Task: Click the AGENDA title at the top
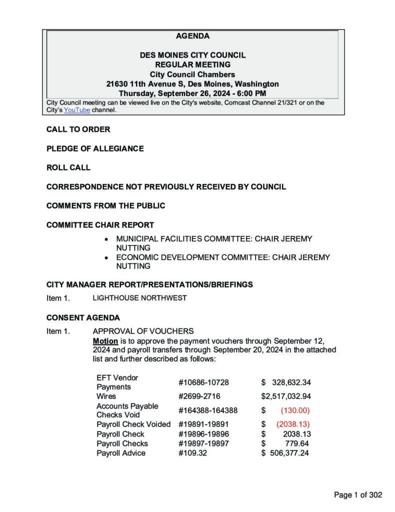pyautogui.click(x=192, y=36)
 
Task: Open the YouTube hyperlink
pyautogui.click(x=76, y=110)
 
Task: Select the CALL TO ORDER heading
pyautogui.click(x=78, y=129)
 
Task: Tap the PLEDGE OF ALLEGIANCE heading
pyautogui.click(x=95, y=148)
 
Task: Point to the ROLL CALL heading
pyautogui.click(x=68, y=167)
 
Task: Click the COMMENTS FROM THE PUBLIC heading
pyautogui.click(x=105, y=205)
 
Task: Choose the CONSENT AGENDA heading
pyautogui.click(x=83, y=317)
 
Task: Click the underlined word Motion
pyautogui.click(x=105, y=340)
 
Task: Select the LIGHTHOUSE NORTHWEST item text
pyautogui.click(x=140, y=298)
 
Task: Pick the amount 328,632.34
pyautogui.click(x=292, y=382)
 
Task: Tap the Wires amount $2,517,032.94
pyautogui.click(x=286, y=396)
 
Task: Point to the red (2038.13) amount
pyautogui.click(x=293, y=424)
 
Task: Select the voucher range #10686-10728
pyautogui.click(x=203, y=382)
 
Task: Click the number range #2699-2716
pyautogui.click(x=199, y=396)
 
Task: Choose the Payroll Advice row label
pyautogui.click(x=121, y=453)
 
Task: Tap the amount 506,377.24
pyautogui.click(x=290, y=453)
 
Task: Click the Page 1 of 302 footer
pyautogui.click(x=358, y=495)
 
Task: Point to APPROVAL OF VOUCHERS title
pyautogui.click(x=143, y=331)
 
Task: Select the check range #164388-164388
pyautogui.click(x=208, y=410)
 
